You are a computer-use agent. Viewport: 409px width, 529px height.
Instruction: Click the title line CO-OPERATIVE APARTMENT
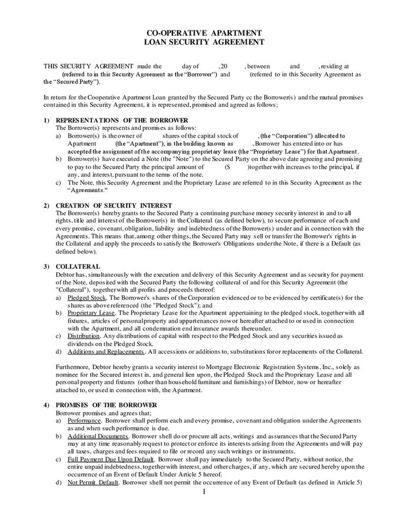pos(204,33)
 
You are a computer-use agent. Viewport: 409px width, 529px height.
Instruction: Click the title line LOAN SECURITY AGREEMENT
pos(204,42)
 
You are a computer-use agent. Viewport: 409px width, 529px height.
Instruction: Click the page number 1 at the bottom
pos(204,492)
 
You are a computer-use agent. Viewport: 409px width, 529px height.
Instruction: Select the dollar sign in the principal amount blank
pos(227,167)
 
